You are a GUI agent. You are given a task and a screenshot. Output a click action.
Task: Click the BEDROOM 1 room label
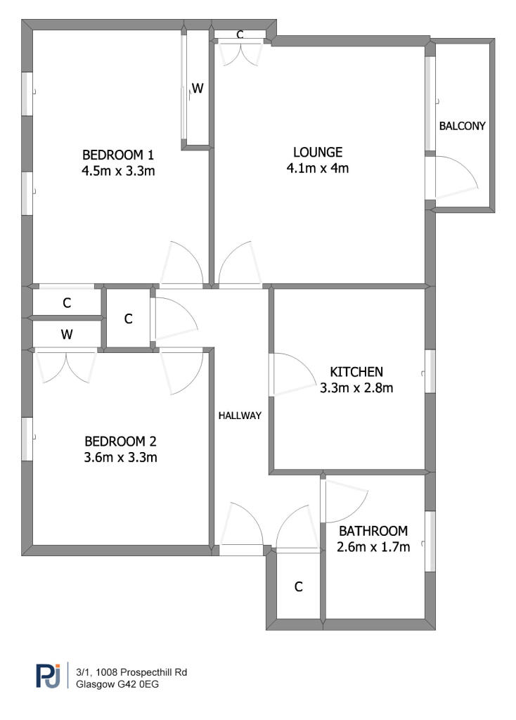click(118, 155)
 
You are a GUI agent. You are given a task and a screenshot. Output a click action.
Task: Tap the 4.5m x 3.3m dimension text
click(118, 171)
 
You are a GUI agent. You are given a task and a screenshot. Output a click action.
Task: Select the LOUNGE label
click(318, 152)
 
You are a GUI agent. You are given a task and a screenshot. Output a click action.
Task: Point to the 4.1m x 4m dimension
click(318, 168)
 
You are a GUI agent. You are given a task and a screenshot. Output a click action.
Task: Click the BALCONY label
click(462, 127)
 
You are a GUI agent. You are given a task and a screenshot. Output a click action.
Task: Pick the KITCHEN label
click(356, 371)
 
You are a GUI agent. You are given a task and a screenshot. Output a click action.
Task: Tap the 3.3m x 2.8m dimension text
click(356, 387)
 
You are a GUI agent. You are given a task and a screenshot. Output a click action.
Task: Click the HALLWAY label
click(240, 416)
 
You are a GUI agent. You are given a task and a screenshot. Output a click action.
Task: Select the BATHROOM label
click(373, 531)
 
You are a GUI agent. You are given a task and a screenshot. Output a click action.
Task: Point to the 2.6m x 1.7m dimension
click(373, 547)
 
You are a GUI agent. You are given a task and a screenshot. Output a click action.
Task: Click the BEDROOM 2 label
click(120, 442)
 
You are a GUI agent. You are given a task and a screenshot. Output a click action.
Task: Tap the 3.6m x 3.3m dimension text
click(120, 458)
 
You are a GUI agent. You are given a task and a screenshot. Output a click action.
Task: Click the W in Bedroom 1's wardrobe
click(198, 89)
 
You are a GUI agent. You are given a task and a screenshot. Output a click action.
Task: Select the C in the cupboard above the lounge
click(240, 34)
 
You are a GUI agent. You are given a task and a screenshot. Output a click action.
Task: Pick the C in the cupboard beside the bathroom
click(298, 586)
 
